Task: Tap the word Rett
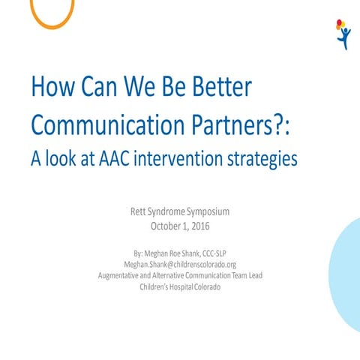140,212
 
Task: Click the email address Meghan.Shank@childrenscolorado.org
180,265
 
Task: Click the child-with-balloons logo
343,34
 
